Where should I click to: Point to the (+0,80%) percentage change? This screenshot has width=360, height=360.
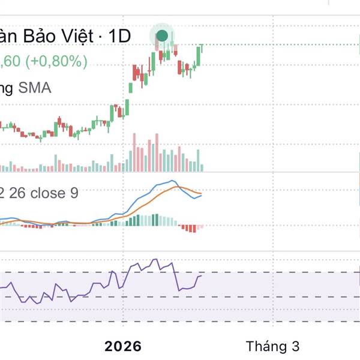pyautogui.click(x=57, y=61)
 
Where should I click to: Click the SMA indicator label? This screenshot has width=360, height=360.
pyautogui.click(x=35, y=88)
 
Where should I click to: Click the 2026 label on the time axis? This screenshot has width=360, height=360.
pyautogui.click(x=122, y=346)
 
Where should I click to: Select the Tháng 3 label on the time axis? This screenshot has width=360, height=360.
pyautogui.click(x=272, y=346)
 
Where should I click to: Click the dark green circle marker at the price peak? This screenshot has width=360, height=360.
pyautogui.click(x=162, y=35)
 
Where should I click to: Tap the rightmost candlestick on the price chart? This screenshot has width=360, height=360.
pyautogui.click(x=203, y=47)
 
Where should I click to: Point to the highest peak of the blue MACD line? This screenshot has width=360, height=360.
pyautogui.click(x=172, y=181)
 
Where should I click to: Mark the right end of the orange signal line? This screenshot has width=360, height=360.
pyautogui.click(x=202, y=193)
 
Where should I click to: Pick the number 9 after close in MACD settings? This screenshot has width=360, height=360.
pyautogui.click(x=74, y=193)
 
